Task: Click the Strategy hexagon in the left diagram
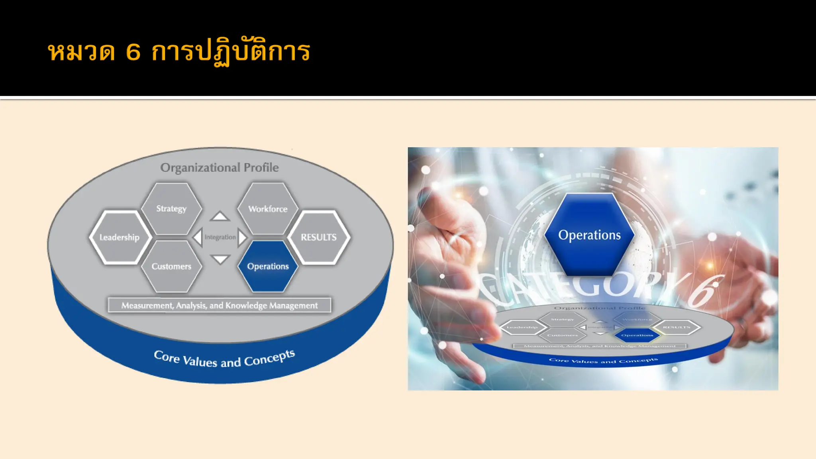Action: [x=171, y=208]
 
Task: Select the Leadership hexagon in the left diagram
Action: [x=120, y=237]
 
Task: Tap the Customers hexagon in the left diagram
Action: [x=171, y=266]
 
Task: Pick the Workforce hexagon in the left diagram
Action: [x=268, y=208]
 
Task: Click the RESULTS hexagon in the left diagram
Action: [x=319, y=237]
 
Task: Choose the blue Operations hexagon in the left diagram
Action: [x=268, y=266]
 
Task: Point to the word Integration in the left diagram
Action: [x=220, y=237]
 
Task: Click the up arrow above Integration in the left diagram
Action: [x=220, y=217]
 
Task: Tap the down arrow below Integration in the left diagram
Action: [x=220, y=259]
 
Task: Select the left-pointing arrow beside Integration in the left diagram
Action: [x=198, y=237]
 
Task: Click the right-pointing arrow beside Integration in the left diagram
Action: [x=242, y=237]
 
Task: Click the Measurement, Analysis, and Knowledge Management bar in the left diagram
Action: [x=220, y=305]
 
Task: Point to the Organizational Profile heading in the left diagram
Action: [x=220, y=167]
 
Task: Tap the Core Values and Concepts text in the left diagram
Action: [x=224, y=359]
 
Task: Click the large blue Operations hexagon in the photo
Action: [x=589, y=235]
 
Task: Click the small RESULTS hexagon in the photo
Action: [x=677, y=327]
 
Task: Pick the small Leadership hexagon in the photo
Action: [x=522, y=328]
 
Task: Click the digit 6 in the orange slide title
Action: [x=133, y=52]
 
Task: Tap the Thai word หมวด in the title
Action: [x=82, y=52]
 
